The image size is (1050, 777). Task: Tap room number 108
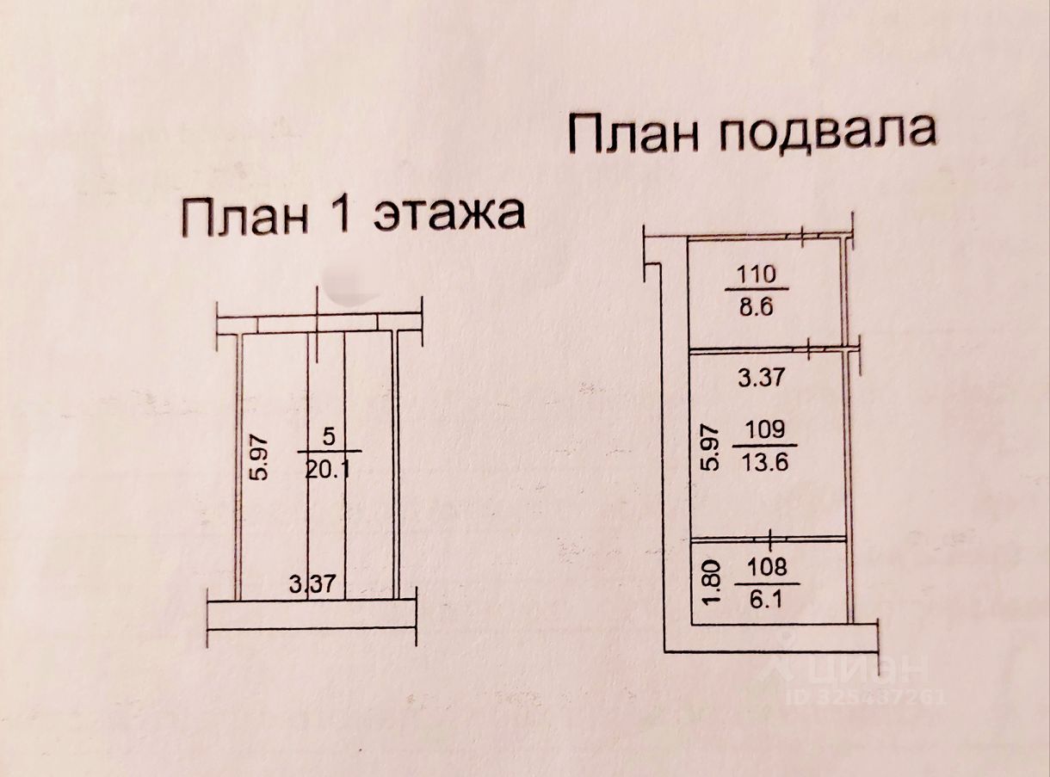[x=767, y=568]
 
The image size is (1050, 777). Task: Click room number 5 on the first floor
[x=330, y=436]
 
